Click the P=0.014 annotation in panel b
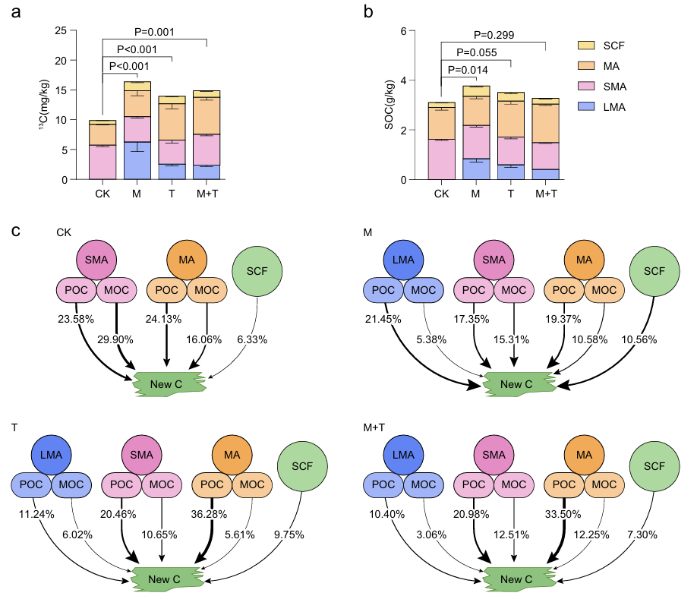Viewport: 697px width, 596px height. tap(467, 70)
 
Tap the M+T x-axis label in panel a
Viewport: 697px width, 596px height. tap(207, 194)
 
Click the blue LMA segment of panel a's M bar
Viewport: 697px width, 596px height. tap(137, 160)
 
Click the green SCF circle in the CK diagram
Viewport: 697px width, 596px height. tap(258, 270)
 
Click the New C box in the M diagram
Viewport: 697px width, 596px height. tap(516, 384)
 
